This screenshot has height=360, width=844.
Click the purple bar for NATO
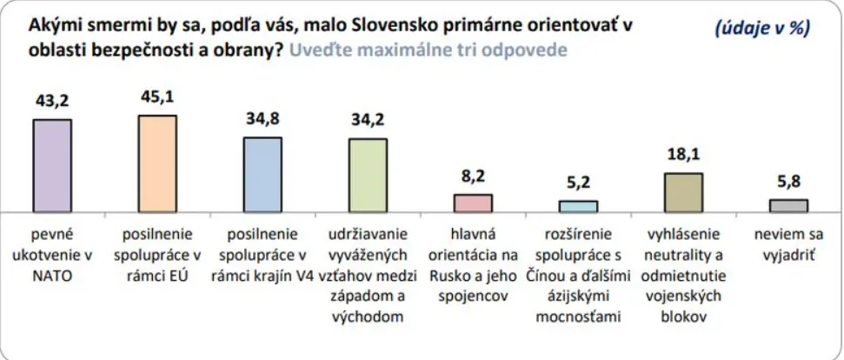52,166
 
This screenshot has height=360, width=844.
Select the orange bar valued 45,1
157,164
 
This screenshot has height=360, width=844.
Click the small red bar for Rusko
473,203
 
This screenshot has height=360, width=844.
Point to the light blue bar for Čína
578,207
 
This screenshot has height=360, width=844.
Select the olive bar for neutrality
683,193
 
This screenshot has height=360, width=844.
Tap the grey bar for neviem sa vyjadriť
788,206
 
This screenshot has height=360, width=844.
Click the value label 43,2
52,102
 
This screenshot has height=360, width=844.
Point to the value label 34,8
263,121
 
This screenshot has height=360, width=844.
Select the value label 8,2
473,177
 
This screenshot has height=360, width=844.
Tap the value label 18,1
683,157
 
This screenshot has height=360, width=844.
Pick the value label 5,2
578,184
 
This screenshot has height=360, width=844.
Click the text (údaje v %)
761,28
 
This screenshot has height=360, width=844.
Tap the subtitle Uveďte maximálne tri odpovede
428,50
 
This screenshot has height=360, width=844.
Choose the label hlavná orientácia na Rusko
473,259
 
